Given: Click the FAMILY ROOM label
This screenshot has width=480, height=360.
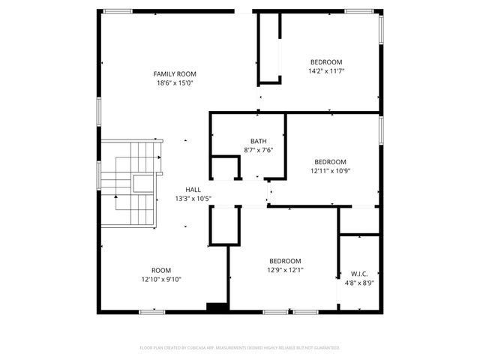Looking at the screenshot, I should point(175,73).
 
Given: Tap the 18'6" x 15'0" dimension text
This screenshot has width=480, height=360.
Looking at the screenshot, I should point(175,83).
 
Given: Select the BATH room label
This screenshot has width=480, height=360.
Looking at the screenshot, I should point(258,141).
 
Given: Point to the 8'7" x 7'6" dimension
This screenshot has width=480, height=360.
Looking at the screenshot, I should point(258,150).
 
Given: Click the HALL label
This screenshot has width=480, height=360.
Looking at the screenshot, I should point(193,190).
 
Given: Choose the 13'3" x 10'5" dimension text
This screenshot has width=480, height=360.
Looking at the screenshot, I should point(193,199).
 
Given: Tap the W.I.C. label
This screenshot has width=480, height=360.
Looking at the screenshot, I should point(358,273).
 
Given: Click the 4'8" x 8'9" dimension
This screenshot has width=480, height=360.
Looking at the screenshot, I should point(358,283).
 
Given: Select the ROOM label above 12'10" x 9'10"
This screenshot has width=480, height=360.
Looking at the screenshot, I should point(161,270).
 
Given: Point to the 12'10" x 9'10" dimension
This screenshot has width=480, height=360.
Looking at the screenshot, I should point(161,280).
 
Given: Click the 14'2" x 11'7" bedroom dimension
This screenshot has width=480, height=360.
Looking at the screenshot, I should point(326,71).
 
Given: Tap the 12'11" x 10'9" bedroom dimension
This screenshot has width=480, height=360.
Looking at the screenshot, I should point(330,171).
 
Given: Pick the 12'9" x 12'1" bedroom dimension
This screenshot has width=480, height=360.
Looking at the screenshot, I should point(285,271).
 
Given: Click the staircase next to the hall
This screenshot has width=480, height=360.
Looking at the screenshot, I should point(129,183).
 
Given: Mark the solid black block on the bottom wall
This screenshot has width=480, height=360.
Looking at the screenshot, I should point(217,307).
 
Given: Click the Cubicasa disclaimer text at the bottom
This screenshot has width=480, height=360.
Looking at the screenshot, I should point(240,348).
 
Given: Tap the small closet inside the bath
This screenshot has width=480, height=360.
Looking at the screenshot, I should point(225,167).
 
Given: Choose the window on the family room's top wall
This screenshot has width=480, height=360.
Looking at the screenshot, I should point(118,11).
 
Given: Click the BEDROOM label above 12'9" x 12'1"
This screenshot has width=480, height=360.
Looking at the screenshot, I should point(285,261).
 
